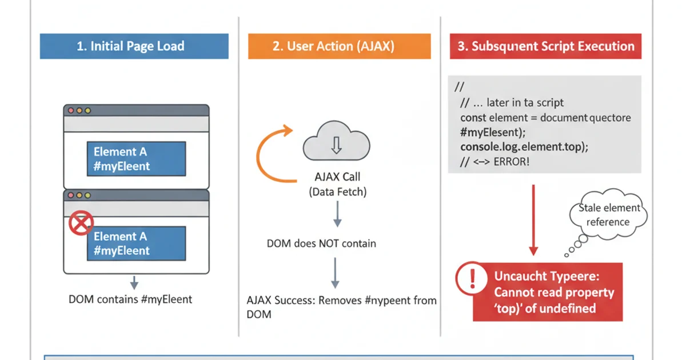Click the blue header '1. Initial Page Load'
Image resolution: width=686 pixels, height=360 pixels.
(134, 46)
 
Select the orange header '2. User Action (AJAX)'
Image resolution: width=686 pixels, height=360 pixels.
(339, 46)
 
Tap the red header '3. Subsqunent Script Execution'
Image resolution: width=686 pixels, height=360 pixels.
(545, 46)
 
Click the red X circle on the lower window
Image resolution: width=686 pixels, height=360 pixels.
(81, 224)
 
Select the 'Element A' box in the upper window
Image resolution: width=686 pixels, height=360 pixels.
(135, 159)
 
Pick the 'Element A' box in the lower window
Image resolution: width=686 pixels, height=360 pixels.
(135, 243)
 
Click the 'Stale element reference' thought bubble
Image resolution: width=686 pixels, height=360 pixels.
(608, 215)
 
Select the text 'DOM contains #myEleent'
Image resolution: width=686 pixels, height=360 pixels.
(130, 299)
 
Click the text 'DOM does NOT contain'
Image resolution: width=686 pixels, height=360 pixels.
(321, 243)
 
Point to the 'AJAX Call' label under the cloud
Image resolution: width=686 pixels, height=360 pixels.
(337, 177)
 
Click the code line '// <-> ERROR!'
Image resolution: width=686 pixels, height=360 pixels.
(495, 162)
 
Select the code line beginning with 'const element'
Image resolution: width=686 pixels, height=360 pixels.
(545, 118)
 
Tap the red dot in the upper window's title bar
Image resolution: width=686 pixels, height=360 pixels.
(71, 110)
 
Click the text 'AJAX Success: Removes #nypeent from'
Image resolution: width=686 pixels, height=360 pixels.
(341, 301)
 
